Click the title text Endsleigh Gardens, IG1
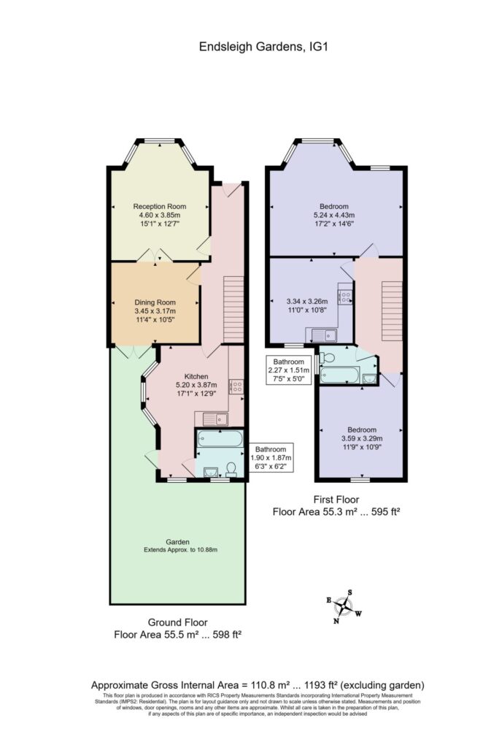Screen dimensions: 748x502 (x=250, y=47)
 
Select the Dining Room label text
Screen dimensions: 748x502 (x=155, y=302)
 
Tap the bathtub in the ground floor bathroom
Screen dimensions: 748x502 (x=220, y=440)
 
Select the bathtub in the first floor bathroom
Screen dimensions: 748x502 (x=340, y=375)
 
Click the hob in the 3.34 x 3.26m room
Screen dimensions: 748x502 (x=346, y=297)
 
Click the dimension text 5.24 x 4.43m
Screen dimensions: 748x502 (x=333, y=215)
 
